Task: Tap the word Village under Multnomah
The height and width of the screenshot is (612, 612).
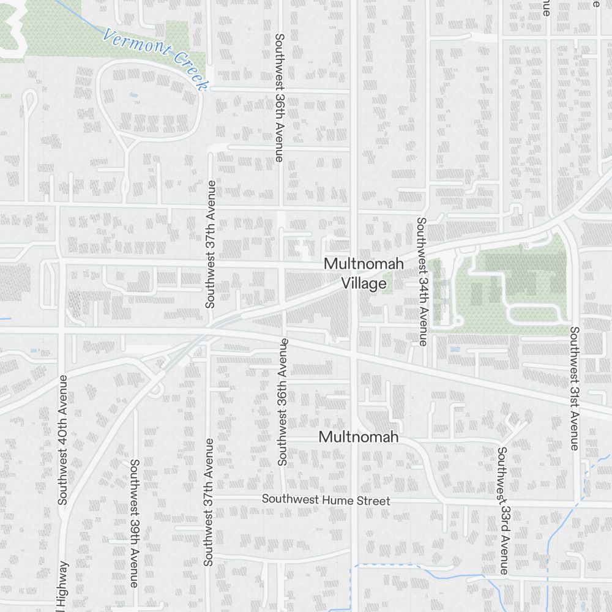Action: (364, 283)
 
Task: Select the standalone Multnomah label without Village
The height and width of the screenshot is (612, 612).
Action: (359, 437)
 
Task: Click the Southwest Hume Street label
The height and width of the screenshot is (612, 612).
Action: (326, 501)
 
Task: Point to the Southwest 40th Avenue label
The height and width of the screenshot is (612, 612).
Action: (62, 439)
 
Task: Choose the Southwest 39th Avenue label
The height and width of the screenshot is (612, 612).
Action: (134, 523)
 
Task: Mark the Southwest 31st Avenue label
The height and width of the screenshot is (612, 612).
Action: (574, 389)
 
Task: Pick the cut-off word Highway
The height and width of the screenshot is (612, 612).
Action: (62, 586)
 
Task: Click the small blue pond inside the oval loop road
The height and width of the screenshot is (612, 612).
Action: (133, 95)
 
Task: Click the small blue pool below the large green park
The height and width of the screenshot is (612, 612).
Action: (454, 349)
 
